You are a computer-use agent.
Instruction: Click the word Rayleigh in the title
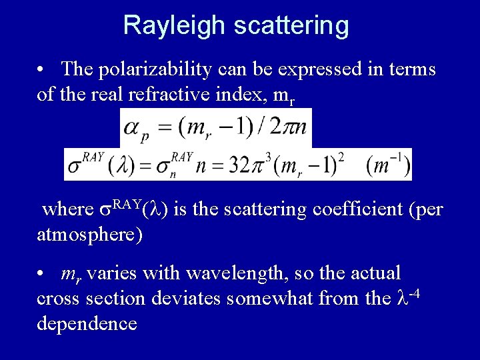pos(175,26)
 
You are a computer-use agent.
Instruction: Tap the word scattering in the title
pos(291,26)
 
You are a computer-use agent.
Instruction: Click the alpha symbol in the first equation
pos(133,127)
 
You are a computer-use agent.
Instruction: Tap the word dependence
pos(87,324)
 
